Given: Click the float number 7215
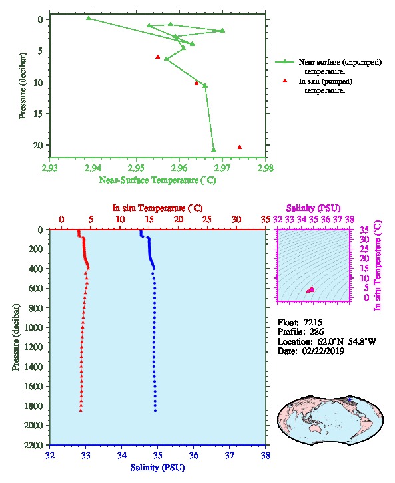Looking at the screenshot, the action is click(x=312, y=322).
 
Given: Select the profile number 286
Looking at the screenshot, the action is click(x=316, y=332).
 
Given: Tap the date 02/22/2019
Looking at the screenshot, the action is click(x=323, y=351).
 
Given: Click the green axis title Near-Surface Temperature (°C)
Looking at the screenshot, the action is click(x=157, y=180).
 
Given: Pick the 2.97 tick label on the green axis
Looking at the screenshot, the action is click(x=222, y=168).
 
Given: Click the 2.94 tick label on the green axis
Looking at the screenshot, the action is click(x=93, y=168).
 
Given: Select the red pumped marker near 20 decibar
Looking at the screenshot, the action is click(x=240, y=147).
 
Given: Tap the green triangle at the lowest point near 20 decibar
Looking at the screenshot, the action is click(x=214, y=150).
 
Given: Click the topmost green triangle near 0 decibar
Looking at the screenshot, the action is click(x=89, y=18).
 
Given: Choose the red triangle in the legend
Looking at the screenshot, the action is click(x=285, y=80).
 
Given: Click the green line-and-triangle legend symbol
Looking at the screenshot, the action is click(x=285, y=62).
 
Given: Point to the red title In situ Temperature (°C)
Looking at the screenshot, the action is click(x=157, y=208).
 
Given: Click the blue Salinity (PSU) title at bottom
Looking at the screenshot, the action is click(x=158, y=468).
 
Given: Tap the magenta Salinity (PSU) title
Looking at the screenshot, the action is click(x=314, y=208).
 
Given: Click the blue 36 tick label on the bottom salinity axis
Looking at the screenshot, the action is click(x=194, y=455).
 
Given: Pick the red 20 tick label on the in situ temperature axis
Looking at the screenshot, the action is click(x=179, y=220).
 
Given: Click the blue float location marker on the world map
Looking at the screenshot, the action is click(x=349, y=399).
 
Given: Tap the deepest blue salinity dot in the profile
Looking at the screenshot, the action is click(x=155, y=410).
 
